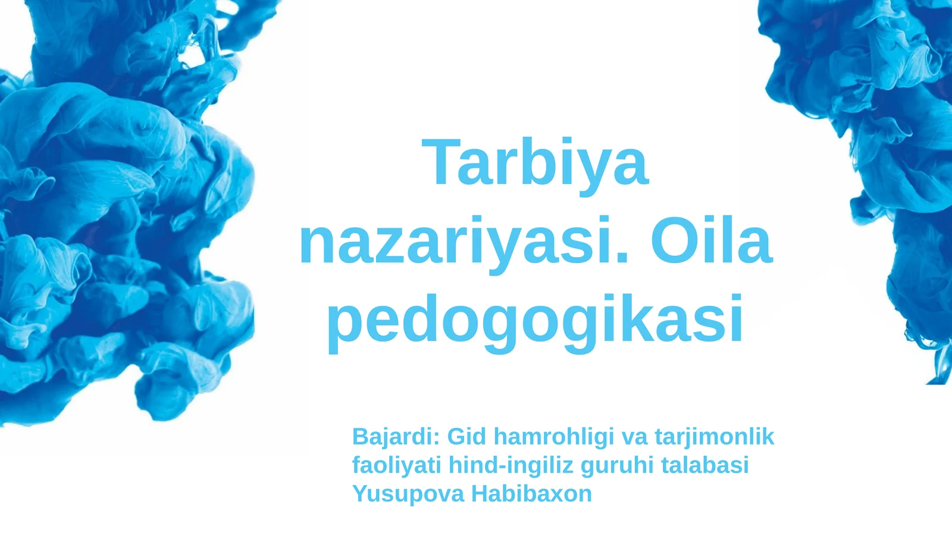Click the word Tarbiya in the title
(x=535, y=162)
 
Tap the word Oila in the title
(x=712, y=241)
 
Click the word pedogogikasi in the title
(x=535, y=320)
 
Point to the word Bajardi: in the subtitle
(x=396, y=437)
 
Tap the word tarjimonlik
(x=714, y=437)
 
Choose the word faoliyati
(x=396, y=465)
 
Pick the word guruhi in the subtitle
(x=617, y=465)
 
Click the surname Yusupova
(x=408, y=493)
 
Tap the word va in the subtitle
(x=634, y=437)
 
